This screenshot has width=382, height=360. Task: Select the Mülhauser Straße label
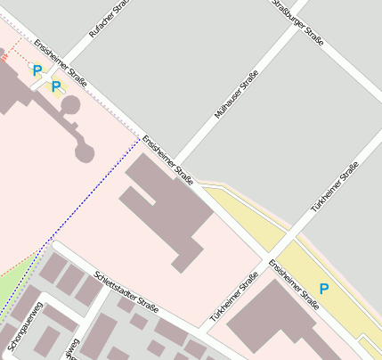[x=237, y=94]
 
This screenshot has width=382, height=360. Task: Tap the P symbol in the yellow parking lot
[x=324, y=289]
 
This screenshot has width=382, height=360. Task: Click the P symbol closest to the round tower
[x=56, y=86]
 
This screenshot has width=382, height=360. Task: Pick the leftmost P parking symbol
[x=37, y=70]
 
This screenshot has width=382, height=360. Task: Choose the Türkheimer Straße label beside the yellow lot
[x=335, y=186]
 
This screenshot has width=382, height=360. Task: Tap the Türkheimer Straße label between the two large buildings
[x=234, y=298]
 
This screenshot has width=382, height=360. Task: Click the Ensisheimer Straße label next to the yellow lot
[x=294, y=284]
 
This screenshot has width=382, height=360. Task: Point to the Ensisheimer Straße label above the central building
[x=168, y=157]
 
